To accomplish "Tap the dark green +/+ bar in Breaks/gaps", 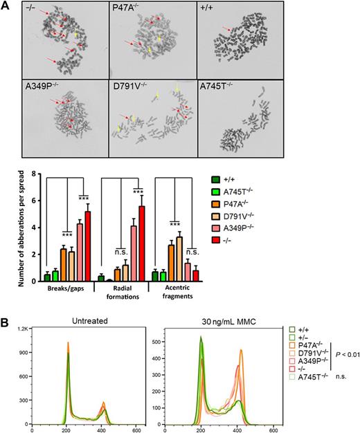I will (47, 276).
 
